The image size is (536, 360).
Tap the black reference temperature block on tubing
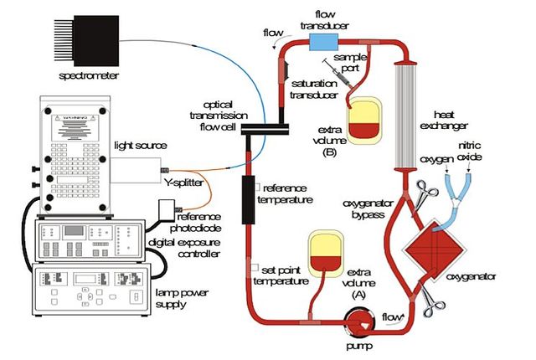[x=247, y=199]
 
